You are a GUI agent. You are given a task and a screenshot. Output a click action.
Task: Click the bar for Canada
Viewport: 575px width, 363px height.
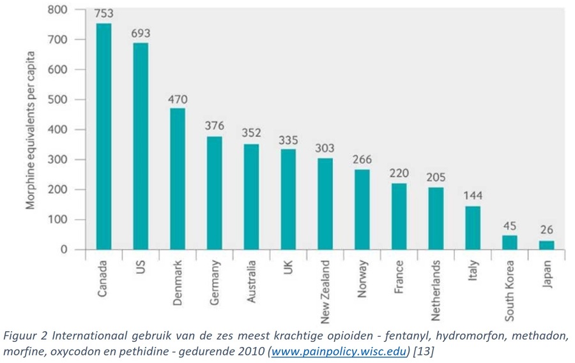click(x=103, y=137)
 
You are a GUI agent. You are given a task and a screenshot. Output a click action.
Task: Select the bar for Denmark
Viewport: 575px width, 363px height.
click(x=177, y=179)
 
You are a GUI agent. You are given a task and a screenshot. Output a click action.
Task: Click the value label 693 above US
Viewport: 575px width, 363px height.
click(x=141, y=31)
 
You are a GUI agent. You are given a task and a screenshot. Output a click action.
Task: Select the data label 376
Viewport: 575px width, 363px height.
click(x=214, y=126)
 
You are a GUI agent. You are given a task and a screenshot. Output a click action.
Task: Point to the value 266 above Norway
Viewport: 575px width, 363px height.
click(x=362, y=159)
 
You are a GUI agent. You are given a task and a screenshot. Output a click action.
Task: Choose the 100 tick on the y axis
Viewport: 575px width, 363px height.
click(x=58, y=220)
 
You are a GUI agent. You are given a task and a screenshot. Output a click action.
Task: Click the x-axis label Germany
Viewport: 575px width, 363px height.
click(x=215, y=278)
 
